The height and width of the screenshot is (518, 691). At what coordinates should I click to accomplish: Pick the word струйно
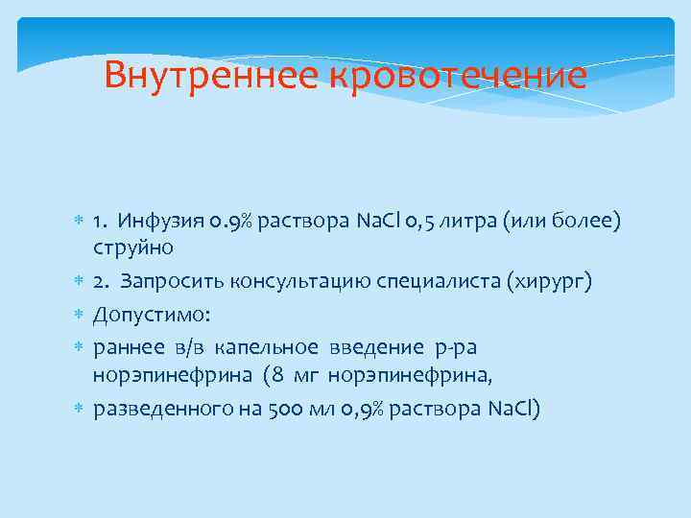133,247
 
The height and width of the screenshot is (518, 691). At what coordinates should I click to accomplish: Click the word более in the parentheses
588,223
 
